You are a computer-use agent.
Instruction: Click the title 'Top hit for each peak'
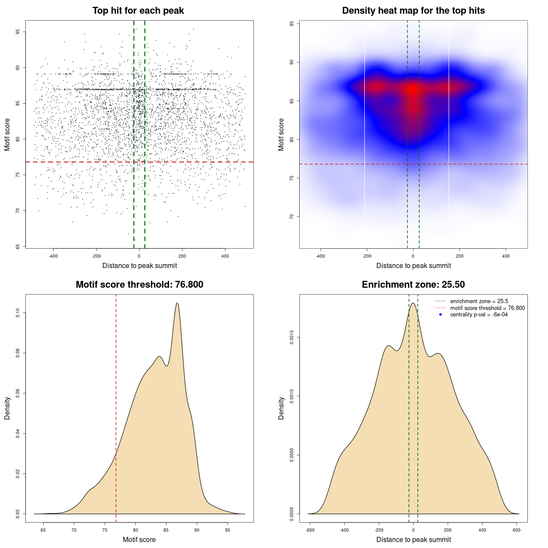(x=138, y=11)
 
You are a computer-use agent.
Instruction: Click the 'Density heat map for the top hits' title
(x=413, y=11)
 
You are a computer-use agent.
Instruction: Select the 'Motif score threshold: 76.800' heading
(x=139, y=285)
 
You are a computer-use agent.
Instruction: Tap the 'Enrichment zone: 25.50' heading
(x=413, y=285)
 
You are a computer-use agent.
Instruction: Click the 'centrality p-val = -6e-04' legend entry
(x=479, y=315)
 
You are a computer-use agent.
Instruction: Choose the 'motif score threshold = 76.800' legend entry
(x=487, y=308)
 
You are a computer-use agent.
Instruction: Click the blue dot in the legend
(x=441, y=315)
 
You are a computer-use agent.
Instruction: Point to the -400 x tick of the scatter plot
(x=54, y=256)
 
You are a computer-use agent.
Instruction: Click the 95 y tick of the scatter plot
(x=18, y=32)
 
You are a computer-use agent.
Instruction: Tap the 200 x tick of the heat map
(x=459, y=256)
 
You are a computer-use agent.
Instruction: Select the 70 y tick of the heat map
(x=292, y=217)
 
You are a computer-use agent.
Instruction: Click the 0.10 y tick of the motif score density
(x=18, y=313)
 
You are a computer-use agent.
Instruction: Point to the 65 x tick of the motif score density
(x=43, y=530)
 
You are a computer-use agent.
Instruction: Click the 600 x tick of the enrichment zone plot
(x=517, y=530)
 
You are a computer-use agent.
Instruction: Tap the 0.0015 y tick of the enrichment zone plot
(x=292, y=337)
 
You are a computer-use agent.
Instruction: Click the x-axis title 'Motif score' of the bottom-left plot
(x=139, y=539)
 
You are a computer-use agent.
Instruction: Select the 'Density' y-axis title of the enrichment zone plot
(x=281, y=408)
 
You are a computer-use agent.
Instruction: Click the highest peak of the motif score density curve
(x=177, y=303)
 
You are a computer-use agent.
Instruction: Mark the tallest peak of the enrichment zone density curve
(x=413, y=303)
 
